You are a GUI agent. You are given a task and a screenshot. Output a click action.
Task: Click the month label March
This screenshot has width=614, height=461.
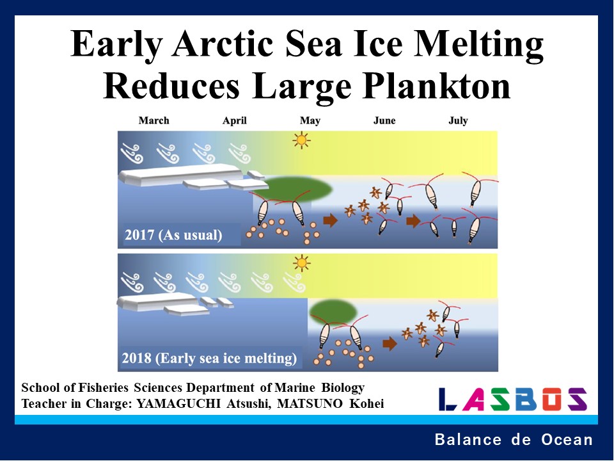pos(153,120)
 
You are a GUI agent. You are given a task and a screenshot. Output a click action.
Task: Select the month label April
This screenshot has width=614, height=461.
pos(234,120)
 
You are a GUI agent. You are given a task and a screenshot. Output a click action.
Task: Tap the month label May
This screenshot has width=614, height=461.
pos(310,120)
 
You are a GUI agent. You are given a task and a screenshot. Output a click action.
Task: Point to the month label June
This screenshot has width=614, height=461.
pos(384,120)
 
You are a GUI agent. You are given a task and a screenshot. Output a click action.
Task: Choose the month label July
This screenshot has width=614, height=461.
pos(458,120)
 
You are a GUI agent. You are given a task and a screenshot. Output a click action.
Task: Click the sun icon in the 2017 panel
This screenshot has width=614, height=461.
pos(301,140)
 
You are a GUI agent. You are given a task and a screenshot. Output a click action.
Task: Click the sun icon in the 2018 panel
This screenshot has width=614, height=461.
pos(301,263)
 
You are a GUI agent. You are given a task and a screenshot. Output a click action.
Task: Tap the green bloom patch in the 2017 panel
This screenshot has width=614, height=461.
pos(297,188)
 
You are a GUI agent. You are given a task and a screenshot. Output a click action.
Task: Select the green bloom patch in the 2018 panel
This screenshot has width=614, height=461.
pos(333,312)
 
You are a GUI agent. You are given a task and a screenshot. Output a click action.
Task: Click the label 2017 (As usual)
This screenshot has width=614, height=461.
pos(173,235)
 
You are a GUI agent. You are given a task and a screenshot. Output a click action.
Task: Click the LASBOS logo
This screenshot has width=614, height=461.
pos(512,399)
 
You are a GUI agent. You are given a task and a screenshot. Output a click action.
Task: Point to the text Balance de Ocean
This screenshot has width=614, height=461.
pos(514,440)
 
